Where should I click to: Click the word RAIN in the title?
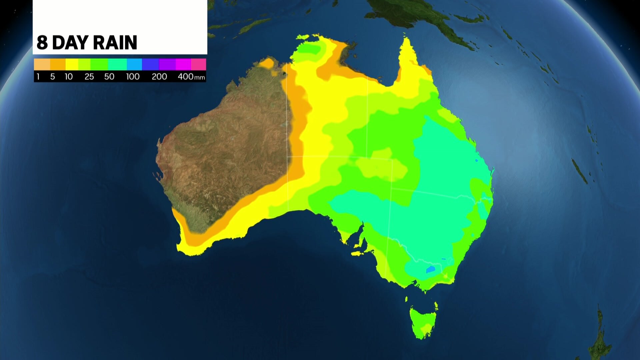115,43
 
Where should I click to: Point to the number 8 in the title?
42,43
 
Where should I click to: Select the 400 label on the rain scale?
186,77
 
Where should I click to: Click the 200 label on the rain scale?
159,77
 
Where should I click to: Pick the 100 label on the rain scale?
133,77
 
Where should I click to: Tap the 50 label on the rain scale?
109,77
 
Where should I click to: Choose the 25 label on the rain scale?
89,77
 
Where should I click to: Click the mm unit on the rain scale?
200,78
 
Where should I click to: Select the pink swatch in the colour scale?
199,64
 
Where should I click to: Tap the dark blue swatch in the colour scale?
150,64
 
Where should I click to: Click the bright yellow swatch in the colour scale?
72,64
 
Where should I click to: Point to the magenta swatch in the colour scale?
183,64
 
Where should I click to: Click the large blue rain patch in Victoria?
430,269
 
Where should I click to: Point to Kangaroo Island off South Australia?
357,254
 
